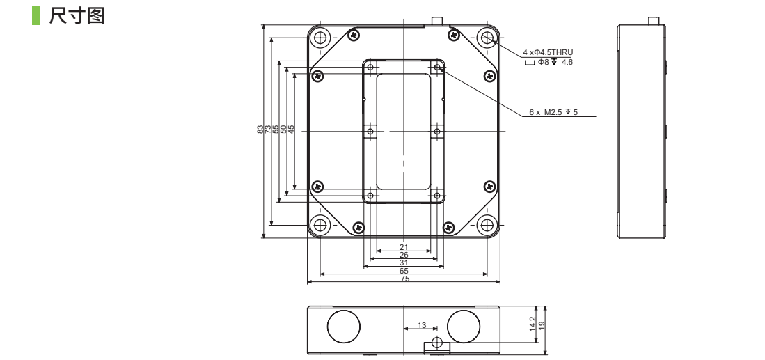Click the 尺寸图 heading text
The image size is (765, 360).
[77, 15]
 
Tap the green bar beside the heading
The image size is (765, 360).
[36, 15]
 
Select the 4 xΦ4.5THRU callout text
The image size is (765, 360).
[548, 52]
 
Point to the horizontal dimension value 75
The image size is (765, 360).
[404, 279]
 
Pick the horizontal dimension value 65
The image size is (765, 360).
[404, 271]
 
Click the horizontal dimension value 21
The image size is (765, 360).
[404, 247]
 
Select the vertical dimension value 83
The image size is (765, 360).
[260, 129]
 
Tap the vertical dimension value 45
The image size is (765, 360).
[291, 129]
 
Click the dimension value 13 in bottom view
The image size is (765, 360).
[422, 325]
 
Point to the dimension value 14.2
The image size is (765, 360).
[533, 325]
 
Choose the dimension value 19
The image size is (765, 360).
[542, 325]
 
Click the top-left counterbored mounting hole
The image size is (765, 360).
[320, 38]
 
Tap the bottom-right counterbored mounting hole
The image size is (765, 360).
[487, 225]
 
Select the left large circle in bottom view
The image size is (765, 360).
[344, 326]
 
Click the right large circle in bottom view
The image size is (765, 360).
[464, 326]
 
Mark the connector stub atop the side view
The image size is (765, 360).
[654, 21]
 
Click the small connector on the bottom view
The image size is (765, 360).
[436, 345]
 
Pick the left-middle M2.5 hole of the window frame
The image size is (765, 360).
[370, 131]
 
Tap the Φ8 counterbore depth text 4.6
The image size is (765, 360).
[567, 62]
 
